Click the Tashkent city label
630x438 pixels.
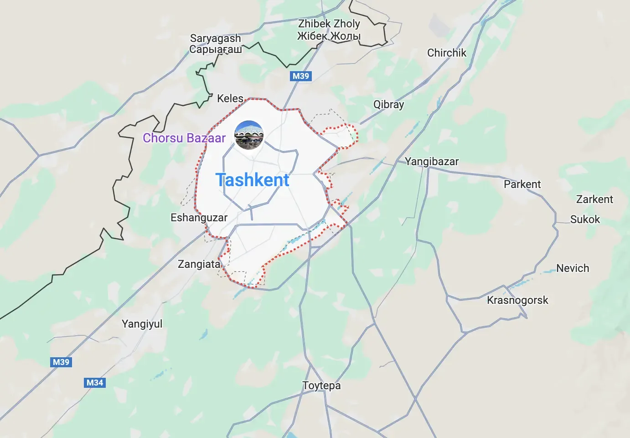[x=252, y=180]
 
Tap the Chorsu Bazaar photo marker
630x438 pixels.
[x=249, y=135]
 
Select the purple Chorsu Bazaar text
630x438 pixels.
[x=184, y=138]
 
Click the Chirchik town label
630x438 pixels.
[x=447, y=53]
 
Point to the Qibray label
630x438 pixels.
[x=388, y=104]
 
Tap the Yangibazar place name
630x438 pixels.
[x=432, y=162]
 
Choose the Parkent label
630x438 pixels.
[x=522, y=184]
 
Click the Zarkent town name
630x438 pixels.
[x=594, y=199]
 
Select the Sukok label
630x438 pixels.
[x=585, y=219]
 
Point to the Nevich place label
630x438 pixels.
[x=573, y=268]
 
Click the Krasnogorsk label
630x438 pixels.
[x=517, y=300]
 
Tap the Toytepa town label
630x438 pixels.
[x=322, y=386]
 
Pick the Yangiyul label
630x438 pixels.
[x=142, y=324]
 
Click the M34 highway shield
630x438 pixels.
[x=95, y=383]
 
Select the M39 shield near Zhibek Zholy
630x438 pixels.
[x=300, y=76]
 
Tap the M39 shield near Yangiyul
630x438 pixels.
[x=61, y=362]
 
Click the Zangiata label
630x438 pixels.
[x=199, y=264]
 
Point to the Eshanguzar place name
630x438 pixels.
[x=199, y=218]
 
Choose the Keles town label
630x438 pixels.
[x=230, y=99]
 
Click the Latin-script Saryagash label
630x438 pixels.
[x=215, y=38]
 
